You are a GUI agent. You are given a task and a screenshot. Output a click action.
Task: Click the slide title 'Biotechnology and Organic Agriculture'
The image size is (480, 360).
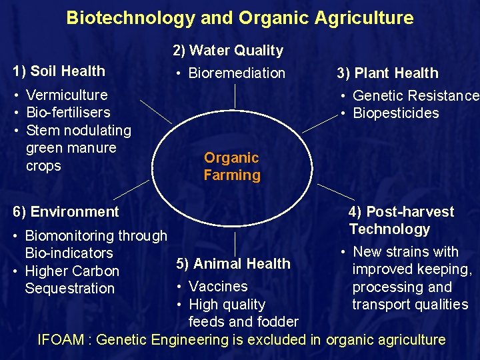[239, 18]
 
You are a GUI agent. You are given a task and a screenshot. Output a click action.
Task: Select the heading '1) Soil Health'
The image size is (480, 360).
[59, 71]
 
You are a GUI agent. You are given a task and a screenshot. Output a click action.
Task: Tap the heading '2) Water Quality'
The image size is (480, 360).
[228, 50]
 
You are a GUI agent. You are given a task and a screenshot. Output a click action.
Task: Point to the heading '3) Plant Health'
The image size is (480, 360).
[387, 73]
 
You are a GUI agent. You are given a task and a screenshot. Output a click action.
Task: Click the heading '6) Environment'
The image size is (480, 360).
[66, 212]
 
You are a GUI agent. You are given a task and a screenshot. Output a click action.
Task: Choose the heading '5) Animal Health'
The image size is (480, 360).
[233, 264]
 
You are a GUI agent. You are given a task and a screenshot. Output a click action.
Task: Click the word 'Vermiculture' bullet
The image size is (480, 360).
[66, 95]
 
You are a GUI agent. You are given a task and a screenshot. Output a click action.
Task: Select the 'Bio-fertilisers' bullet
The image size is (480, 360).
[68, 113]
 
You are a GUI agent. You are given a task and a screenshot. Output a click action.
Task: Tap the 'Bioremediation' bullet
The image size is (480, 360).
[237, 73]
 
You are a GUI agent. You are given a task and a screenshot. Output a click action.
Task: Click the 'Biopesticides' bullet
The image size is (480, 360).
[396, 113]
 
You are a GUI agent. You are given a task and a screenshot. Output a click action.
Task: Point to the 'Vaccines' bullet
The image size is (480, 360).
[218, 287]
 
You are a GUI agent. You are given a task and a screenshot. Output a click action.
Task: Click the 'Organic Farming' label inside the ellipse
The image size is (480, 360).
[232, 167]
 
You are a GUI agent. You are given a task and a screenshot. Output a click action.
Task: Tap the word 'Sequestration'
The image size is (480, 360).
[70, 289]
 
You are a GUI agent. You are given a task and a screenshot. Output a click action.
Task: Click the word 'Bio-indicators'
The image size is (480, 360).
[69, 253]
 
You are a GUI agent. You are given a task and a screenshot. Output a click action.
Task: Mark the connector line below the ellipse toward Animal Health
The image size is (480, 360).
[235, 244]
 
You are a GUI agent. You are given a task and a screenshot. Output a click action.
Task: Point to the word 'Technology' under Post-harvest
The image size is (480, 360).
[389, 229]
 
